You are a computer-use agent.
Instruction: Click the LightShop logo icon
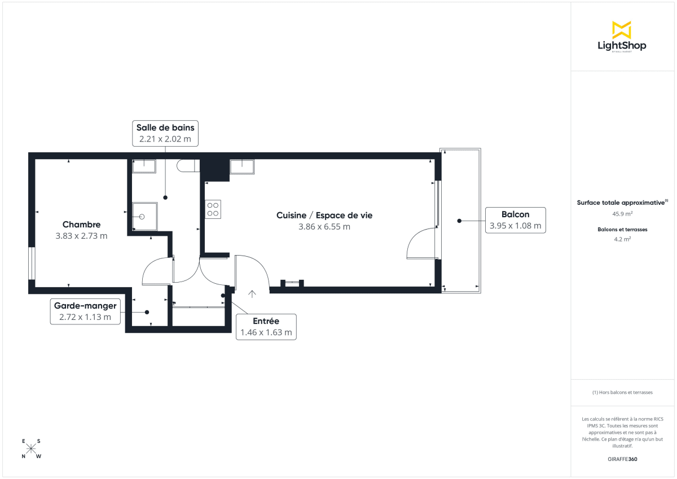click(x=622, y=30)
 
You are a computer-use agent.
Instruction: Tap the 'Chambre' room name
click(x=81, y=224)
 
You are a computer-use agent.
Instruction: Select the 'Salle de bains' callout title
click(x=165, y=128)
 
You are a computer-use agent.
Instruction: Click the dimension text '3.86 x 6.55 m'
click(x=324, y=227)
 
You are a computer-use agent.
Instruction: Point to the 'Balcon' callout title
click(x=515, y=214)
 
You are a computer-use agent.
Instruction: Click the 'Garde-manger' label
click(x=85, y=306)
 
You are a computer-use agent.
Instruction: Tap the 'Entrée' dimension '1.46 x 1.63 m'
click(x=266, y=332)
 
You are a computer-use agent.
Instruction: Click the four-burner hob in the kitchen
click(x=213, y=209)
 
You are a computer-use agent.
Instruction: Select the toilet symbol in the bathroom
click(x=185, y=165)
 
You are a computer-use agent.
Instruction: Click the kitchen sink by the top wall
click(x=242, y=165)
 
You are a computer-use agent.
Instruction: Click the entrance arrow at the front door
click(x=252, y=293)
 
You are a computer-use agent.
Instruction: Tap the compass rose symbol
click(x=32, y=449)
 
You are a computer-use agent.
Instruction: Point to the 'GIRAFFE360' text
click(x=623, y=459)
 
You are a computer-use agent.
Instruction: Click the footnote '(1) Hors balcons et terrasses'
click(x=623, y=392)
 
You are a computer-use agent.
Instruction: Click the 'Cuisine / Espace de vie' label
click(x=324, y=215)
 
